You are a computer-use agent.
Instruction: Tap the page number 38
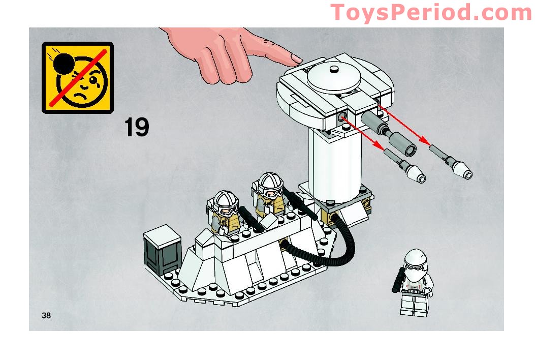(47, 315)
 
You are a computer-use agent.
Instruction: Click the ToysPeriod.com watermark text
(431, 12)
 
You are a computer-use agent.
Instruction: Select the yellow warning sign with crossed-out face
(77, 77)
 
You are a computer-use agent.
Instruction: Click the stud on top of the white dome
(334, 70)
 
